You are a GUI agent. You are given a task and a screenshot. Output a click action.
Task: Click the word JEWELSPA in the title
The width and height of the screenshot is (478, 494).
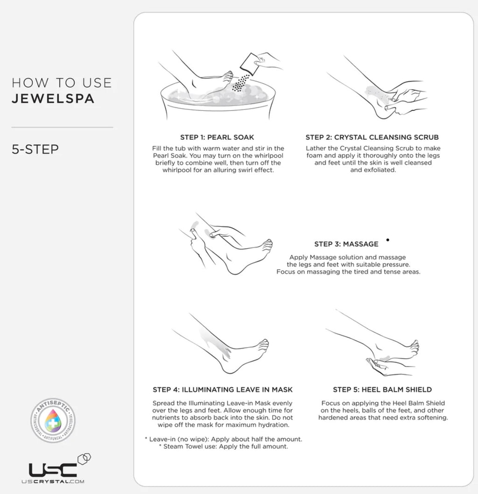point(53,98)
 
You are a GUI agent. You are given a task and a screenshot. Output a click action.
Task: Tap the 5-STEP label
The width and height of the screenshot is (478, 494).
point(35,149)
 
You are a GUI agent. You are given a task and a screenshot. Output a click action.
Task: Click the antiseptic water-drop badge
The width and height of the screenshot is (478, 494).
point(53,420)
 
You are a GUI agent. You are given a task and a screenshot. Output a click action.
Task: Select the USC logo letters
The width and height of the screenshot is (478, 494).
point(53,470)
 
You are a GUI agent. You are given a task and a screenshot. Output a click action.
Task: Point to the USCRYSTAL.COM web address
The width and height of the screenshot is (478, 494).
point(53,481)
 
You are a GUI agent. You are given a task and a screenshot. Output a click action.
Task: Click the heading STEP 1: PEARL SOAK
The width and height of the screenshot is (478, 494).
point(217,137)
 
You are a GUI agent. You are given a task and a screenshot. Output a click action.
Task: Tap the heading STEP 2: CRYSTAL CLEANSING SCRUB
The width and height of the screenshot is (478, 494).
point(372,137)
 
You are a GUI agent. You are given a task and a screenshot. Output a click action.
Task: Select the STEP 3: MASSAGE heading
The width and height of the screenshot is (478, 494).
point(346,244)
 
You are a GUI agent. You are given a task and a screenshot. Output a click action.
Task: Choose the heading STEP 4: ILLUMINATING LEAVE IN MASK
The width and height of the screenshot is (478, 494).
point(223,390)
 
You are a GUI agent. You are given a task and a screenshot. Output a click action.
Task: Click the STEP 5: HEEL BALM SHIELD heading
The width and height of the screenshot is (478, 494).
point(382,390)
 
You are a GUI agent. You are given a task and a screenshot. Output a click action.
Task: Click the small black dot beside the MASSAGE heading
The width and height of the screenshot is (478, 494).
point(388,240)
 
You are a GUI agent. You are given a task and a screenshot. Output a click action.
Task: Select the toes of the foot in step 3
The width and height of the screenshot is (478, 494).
point(267,246)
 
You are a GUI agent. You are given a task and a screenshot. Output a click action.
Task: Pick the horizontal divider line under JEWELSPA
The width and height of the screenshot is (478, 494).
point(62,127)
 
